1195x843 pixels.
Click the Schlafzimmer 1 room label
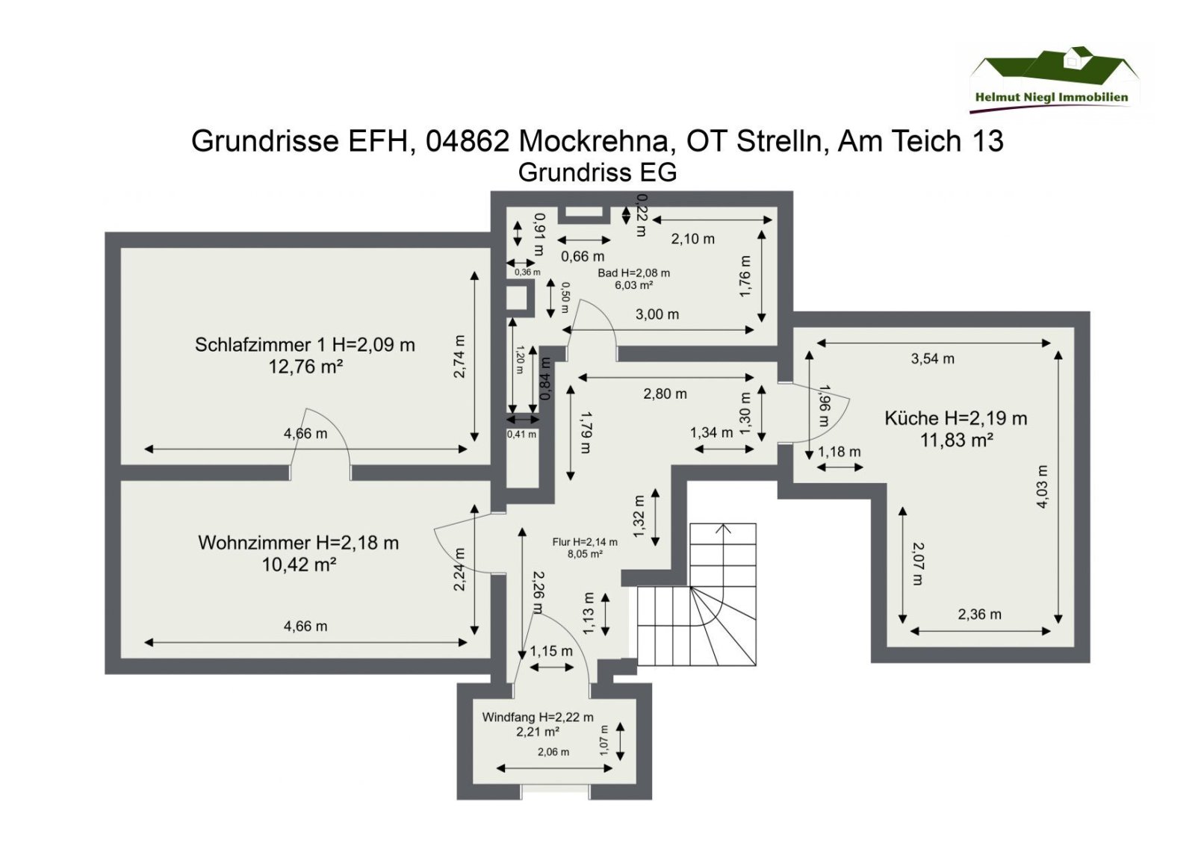[x=305, y=345]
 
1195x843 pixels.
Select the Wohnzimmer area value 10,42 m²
[x=298, y=564]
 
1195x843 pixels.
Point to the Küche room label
[x=955, y=418]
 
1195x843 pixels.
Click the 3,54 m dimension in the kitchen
[x=932, y=358]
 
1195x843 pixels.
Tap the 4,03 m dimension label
[x=1042, y=487]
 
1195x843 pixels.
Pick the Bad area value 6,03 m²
[x=633, y=285]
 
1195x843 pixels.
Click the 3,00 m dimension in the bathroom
[x=657, y=314]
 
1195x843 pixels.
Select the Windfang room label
[x=538, y=717]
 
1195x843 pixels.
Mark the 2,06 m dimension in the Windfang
[x=553, y=752]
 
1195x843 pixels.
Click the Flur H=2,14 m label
[x=585, y=542]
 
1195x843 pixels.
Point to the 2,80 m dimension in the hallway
[x=665, y=393]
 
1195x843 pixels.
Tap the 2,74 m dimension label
[x=459, y=356]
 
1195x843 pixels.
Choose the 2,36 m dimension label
[x=979, y=615]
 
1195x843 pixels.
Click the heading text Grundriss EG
[x=597, y=172]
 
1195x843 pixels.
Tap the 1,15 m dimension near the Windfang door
[x=551, y=651]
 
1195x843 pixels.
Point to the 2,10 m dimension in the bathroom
[x=692, y=239]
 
